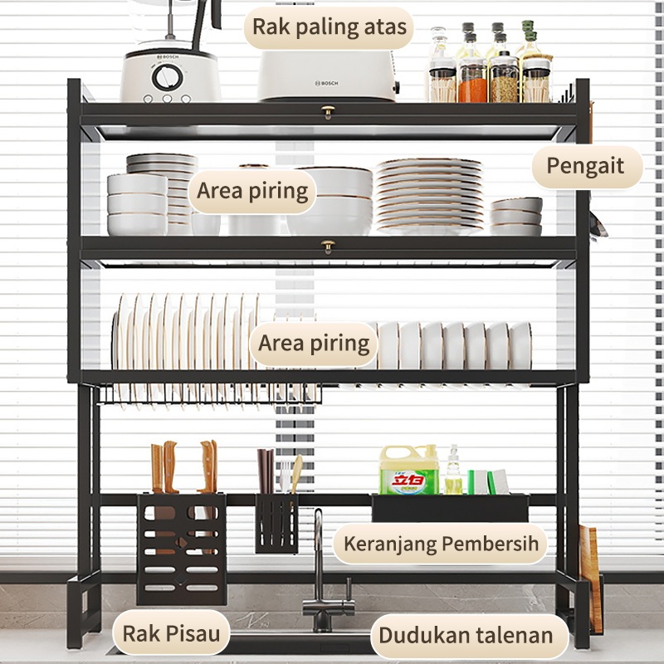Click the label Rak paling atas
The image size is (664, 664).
[330, 27]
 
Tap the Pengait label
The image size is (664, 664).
[586, 166]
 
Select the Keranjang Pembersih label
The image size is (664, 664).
[442, 544]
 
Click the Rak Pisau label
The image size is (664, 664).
[173, 634]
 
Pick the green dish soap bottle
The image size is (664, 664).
[408, 470]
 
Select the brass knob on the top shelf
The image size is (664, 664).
[329, 112]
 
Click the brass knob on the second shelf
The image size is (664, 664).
[329, 247]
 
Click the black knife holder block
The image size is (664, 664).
[182, 548]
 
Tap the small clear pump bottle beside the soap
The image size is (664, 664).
[453, 473]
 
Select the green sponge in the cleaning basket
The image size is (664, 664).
[481, 482]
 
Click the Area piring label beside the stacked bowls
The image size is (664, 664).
[252, 192]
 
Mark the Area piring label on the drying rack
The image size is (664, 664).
[314, 344]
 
